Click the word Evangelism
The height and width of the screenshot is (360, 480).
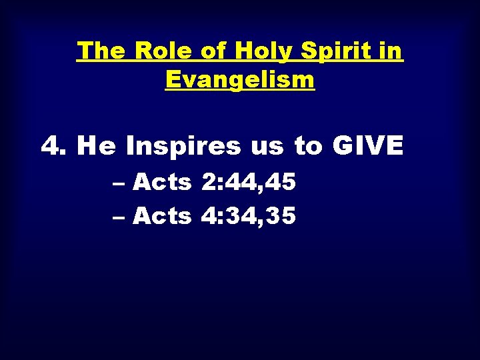point(239,80)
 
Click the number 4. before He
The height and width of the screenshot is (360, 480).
point(55,145)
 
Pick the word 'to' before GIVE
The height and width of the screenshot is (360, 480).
point(308,146)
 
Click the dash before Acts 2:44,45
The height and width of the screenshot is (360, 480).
point(122,181)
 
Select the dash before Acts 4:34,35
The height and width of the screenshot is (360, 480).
point(122,216)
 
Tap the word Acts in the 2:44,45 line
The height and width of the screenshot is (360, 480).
point(163,181)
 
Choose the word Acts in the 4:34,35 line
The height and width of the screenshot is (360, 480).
point(163,215)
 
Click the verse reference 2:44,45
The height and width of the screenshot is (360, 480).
point(247,181)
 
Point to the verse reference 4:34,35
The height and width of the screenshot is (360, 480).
point(247,216)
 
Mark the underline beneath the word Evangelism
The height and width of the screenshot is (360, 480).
point(239,91)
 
